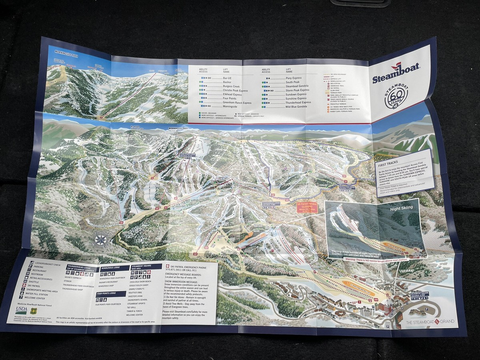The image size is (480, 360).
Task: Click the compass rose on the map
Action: (x=101, y=240)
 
